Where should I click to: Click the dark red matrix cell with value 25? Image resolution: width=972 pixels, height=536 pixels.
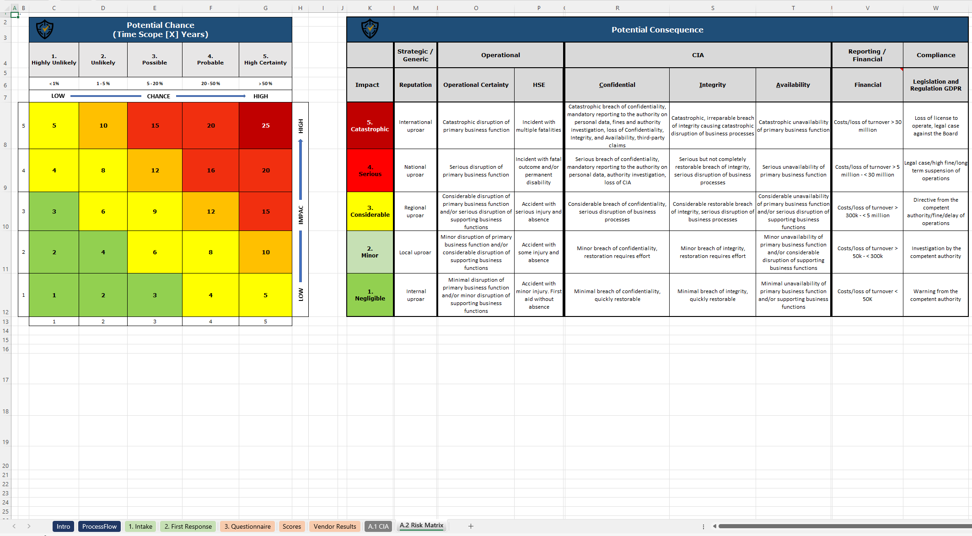tap(265, 125)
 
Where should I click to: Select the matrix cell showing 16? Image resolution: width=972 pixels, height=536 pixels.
tap(210, 170)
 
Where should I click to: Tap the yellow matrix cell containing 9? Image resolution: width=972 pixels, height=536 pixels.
tap(155, 211)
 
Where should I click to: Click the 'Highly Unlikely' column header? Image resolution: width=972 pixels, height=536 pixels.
tap(54, 59)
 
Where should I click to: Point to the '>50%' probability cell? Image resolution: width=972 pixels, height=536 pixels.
tap(265, 84)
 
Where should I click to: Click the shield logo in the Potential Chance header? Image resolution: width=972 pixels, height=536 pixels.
tap(45, 30)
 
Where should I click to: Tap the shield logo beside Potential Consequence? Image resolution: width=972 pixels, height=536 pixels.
tap(370, 29)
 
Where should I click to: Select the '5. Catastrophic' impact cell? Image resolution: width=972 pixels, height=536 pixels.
tap(370, 125)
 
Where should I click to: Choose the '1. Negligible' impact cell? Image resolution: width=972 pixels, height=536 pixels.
tap(370, 295)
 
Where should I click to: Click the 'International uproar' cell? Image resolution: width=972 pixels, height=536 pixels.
tap(415, 126)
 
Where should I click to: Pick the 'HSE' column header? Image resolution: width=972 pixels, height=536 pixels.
tap(539, 85)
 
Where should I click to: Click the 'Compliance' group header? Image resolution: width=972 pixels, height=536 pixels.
tap(935, 55)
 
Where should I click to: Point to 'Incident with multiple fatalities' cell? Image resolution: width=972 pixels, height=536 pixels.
tap(539, 126)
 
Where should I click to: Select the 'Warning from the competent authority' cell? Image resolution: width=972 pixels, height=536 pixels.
tap(935, 295)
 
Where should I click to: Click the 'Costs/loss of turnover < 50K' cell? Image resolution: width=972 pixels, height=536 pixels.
tap(867, 295)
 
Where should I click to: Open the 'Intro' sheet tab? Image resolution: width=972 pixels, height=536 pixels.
tap(63, 526)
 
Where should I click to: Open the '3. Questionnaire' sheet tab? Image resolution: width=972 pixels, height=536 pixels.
tap(247, 526)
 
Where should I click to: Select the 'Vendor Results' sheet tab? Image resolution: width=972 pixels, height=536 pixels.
tap(335, 526)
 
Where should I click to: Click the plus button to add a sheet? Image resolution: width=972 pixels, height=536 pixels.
tap(471, 526)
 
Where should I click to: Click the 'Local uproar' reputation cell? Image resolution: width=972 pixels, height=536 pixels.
tap(415, 252)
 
